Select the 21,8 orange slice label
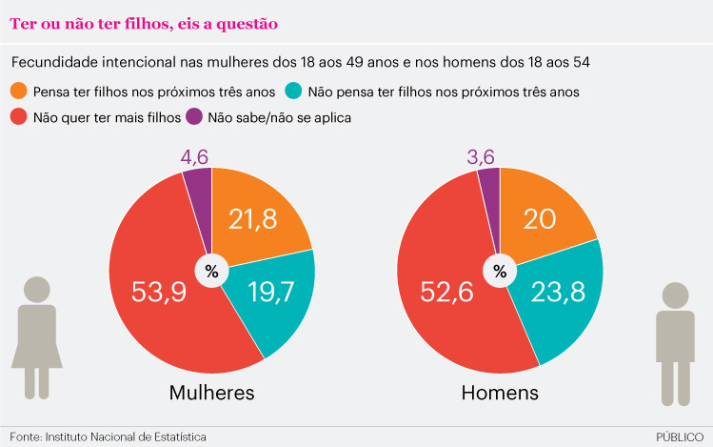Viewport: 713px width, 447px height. tap(252, 219)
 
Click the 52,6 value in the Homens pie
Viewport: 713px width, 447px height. tap(445, 292)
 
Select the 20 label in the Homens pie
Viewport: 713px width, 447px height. tap(540, 219)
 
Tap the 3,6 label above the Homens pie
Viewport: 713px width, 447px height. tap(485, 155)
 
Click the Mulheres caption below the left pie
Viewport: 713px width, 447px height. tap(211, 393)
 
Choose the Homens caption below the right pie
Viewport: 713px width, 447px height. tap(500, 393)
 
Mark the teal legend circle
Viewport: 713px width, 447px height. tap(293, 92)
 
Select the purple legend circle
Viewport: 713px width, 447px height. tap(194, 118)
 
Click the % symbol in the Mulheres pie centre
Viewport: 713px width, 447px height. tap(211, 272)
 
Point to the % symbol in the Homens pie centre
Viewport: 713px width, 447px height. tap(500, 272)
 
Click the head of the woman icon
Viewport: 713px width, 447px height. tap(37, 290)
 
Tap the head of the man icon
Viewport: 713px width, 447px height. tap(675, 295)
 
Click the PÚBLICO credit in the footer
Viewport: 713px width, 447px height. tap(681, 437)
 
